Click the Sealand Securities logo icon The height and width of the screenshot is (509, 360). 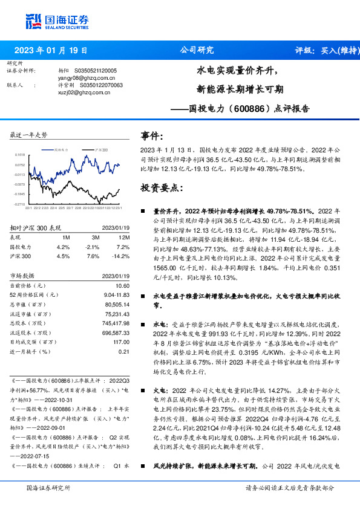34,21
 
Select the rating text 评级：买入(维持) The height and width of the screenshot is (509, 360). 323,50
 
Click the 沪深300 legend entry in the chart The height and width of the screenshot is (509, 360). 100,149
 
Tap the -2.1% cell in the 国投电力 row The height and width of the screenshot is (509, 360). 93,247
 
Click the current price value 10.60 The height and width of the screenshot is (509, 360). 123,285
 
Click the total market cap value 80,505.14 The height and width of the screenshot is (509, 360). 117,304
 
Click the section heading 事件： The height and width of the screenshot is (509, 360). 152,137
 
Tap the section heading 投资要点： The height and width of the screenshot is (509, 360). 162,188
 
